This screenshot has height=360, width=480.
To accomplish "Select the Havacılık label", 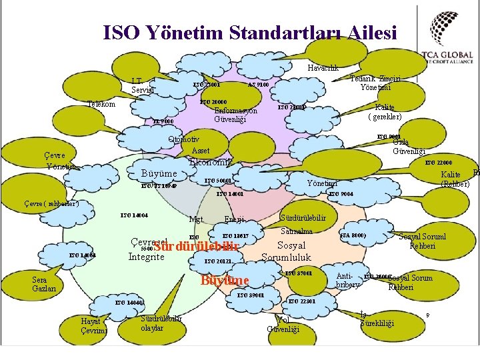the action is [323, 68].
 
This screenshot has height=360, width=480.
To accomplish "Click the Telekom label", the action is [102, 104].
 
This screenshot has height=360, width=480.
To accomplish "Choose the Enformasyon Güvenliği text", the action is [235, 115].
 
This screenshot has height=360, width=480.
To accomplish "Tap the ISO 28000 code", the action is [291, 107].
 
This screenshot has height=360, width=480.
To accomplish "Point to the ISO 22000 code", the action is [439, 163].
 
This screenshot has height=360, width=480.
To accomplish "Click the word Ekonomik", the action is [211, 162].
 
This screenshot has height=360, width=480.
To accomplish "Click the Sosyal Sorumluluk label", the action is [287, 251].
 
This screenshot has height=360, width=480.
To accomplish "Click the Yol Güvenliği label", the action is [283, 325].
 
